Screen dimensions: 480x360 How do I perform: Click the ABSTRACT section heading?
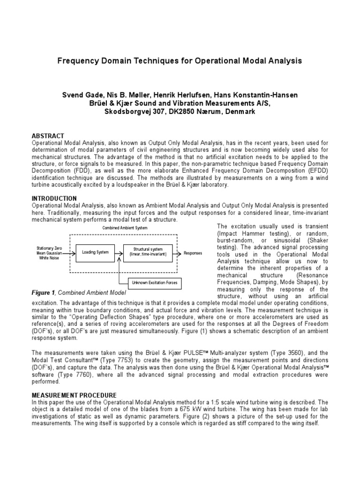click(x=48, y=136)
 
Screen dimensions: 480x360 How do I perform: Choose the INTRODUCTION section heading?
click(x=54, y=199)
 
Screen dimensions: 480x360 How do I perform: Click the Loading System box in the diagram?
click(x=95, y=252)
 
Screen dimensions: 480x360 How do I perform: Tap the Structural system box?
click(x=148, y=252)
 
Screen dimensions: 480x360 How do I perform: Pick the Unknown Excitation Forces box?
click(x=157, y=283)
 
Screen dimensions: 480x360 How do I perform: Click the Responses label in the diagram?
click(x=193, y=253)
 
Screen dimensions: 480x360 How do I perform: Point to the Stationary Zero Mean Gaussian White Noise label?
click(x=49, y=252)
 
